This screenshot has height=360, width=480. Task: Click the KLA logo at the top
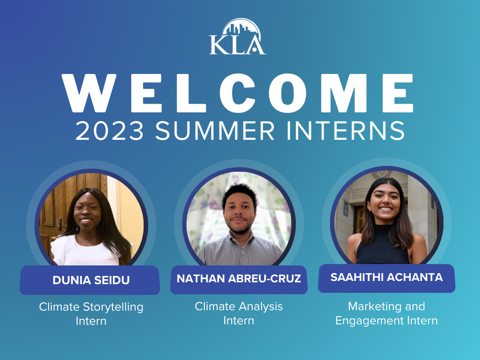click(238, 37)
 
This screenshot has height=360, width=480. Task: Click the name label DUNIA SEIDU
click(91, 280)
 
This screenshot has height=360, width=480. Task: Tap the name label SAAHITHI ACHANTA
click(386, 278)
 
